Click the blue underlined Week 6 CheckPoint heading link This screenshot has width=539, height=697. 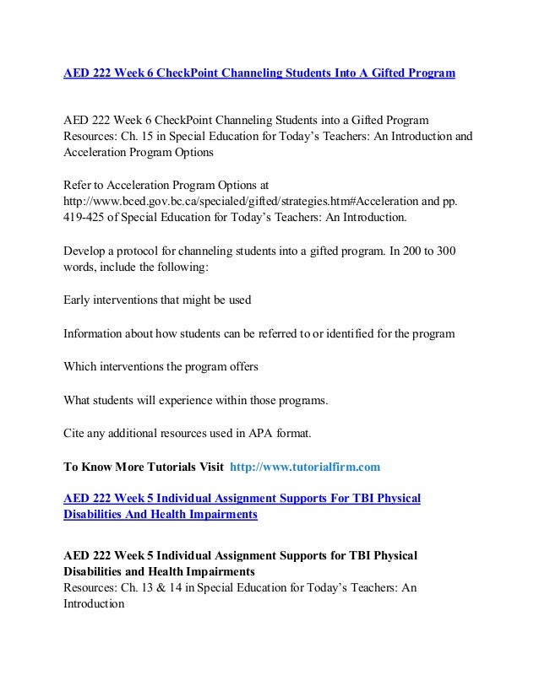(259, 73)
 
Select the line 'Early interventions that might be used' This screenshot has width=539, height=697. (157, 299)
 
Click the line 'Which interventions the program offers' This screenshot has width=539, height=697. (161, 367)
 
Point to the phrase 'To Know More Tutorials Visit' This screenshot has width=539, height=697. (144, 466)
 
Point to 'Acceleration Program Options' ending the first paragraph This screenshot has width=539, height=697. (139, 152)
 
